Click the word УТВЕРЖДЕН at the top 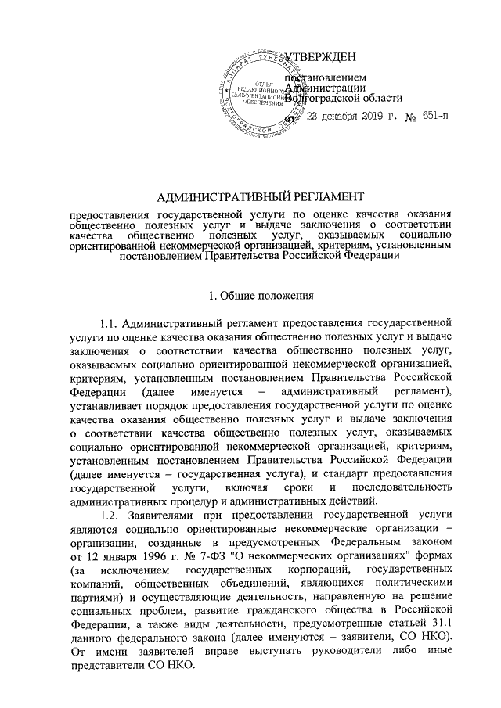pyautogui.click(x=322, y=56)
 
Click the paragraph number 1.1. pyautogui.click(x=110, y=322)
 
